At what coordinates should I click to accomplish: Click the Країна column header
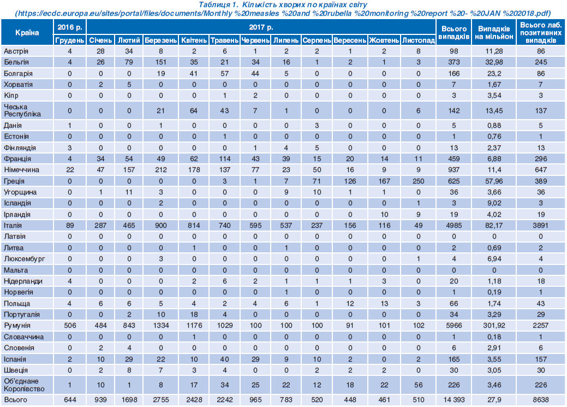coord(27,32)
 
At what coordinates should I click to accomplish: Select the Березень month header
coord(160,40)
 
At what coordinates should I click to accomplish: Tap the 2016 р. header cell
coord(70,27)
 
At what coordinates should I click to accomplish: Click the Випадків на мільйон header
coord(494,32)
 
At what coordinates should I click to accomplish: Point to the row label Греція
coord(14,181)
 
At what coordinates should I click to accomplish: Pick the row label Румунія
coord(17,326)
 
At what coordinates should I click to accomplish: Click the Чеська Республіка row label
coord(22,110)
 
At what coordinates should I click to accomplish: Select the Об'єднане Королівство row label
coord(24,385)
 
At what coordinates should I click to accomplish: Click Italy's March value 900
coord(160,225)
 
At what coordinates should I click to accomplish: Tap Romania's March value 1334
coord(160,326)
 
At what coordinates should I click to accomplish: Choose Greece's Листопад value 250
coord(419,181)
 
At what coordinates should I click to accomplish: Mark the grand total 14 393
coord(454,400)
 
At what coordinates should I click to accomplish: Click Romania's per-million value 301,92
coord(494,326)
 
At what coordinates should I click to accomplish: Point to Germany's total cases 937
coord(454,170)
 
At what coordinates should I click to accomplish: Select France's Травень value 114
coord(224,158)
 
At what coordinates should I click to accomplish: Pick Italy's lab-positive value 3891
coord(541,225)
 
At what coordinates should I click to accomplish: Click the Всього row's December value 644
coord(70,400)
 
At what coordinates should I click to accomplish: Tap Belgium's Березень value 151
coord(160,62)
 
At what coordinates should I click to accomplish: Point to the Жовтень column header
coord(384,40)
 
